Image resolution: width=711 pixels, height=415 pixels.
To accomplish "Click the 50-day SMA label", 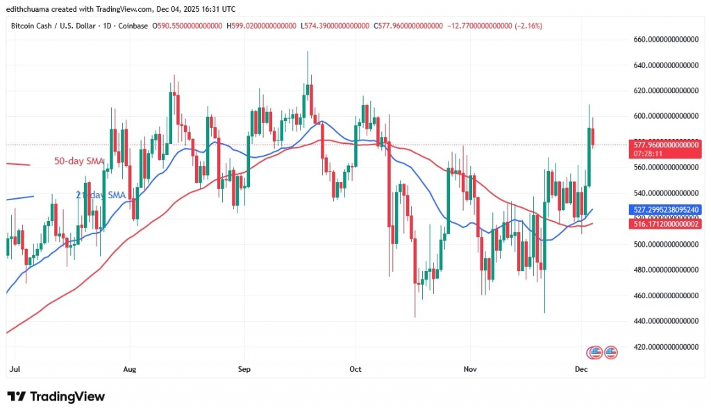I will coord(78,161).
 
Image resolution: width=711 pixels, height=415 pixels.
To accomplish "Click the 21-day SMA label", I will coord(100,195).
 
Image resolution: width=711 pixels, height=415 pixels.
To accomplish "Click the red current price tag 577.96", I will coord(664,145).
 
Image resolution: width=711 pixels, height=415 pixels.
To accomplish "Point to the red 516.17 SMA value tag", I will coord(664,223).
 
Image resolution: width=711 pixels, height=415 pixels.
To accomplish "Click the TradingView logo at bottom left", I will coord(56,397).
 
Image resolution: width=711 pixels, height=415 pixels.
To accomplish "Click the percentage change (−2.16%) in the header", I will coord(526,26).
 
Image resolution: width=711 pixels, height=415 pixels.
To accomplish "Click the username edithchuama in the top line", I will coord(26,8).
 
